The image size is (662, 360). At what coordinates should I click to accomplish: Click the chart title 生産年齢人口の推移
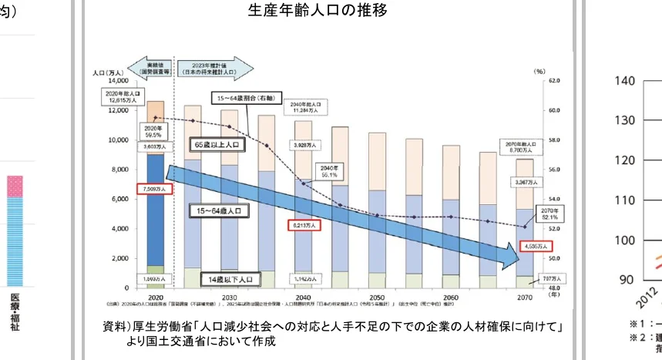(318, 10)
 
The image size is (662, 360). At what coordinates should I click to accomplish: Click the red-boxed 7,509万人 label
(156, 187)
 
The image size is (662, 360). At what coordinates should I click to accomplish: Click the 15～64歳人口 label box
(217, 209)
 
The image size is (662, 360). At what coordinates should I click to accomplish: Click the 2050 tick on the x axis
(378, 297)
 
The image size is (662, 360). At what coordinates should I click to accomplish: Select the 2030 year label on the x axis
(228, 297)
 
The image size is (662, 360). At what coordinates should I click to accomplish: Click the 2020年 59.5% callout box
(154, 131)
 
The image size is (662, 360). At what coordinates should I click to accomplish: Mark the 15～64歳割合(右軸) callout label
(241, 98)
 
